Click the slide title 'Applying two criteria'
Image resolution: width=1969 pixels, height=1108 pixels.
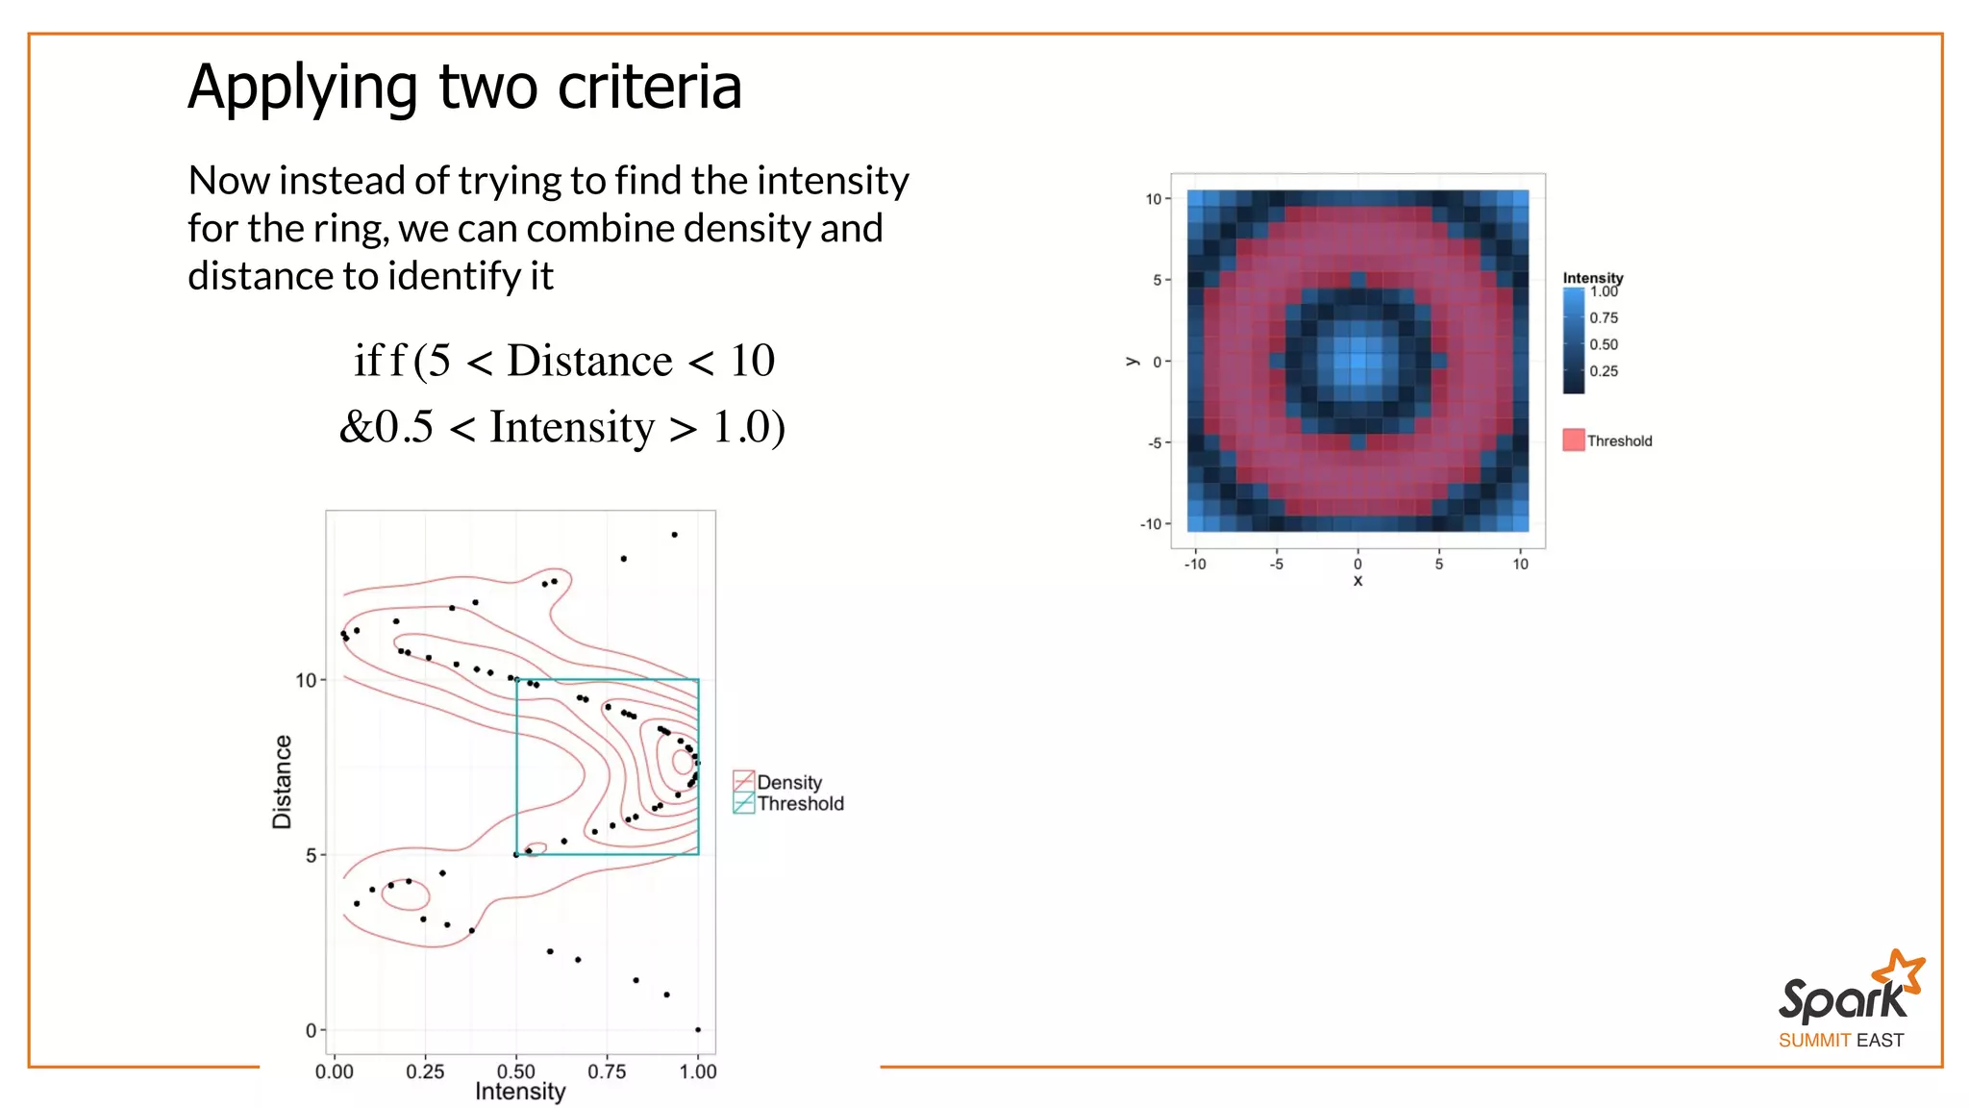coord(464,88)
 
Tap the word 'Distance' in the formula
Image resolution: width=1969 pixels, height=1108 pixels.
coord(589,362)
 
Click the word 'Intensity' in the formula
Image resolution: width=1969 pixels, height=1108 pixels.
coord(572,427)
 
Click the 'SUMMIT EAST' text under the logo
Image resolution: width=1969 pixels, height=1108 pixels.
coord(1840,1041)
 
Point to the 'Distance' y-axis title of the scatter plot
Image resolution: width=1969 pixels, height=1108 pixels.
coord(282,781)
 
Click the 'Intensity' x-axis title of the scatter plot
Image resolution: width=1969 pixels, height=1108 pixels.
coord(520,1092)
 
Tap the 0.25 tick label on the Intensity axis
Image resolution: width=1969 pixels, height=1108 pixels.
coord(425,1071)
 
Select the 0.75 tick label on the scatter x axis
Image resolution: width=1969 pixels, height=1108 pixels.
coord(607,1071)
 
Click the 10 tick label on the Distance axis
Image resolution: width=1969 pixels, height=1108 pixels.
coord(306,681)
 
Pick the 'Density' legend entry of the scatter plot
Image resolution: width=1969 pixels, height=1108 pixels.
coord(789,782)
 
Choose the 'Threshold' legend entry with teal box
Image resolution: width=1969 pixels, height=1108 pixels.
coord(800,804)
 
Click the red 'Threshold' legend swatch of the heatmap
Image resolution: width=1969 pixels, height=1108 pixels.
coord(1574,441)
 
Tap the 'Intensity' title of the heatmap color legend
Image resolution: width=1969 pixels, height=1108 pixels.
coord(1592,278)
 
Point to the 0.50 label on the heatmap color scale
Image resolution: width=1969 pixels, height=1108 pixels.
coord(1604,344)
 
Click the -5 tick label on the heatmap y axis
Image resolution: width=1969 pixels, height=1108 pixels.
coord(1155,443)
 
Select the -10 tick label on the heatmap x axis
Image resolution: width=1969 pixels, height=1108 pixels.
coord(1195,565)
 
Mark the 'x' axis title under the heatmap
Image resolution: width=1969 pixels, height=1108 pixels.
coord(1358,581)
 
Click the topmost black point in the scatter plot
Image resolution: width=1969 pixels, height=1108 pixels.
coord(674,535)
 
